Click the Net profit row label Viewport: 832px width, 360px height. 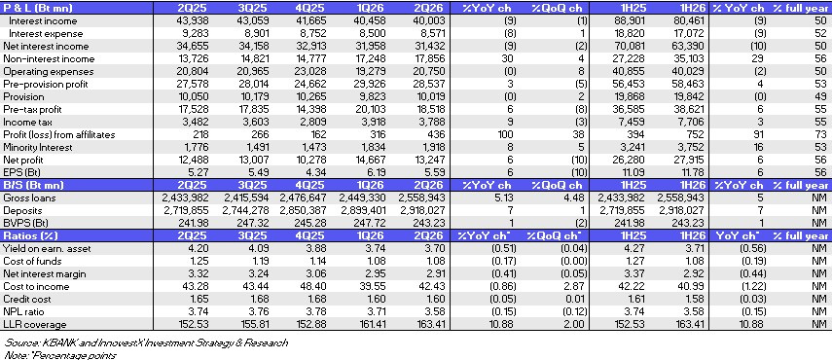point(22,161)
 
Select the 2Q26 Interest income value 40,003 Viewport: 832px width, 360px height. point(429,21)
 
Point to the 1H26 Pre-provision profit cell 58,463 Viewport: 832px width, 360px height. point(688,85)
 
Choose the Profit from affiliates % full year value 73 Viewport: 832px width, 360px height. point(821,134)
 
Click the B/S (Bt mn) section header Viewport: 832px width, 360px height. point(33,185)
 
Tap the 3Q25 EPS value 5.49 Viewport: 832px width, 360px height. point(259,172)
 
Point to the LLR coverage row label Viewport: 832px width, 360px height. point(35,324)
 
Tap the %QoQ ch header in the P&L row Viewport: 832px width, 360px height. point(558,8)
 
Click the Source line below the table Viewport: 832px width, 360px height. point(145,342)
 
